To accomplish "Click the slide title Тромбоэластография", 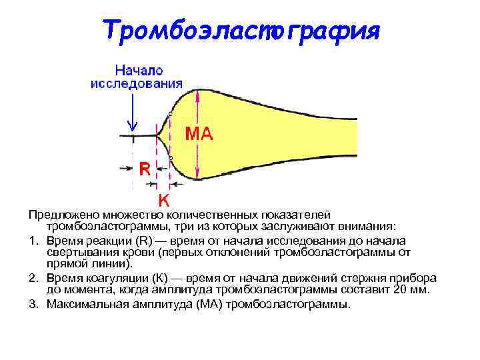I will [241, 30].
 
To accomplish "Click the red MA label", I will [199, 134].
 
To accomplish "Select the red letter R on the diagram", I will [145, 168].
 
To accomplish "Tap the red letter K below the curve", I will [163, 199].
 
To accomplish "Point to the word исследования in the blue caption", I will [137, 83].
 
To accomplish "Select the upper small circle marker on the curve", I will [171, 114].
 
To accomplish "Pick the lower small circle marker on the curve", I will [171, 157].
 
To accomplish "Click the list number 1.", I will [32, 241].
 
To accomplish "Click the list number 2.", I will [32, 278].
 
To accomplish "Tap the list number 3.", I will [32, 304].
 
